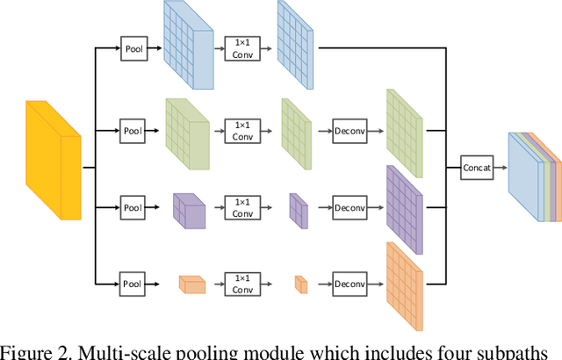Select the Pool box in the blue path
pos(133,48)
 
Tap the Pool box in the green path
pos(133,132)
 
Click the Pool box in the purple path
pos(133,209)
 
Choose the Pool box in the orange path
pos(133,284)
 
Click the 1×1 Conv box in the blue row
pos(240,48)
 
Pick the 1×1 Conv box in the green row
pos(240,132)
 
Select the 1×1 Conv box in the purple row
pos(240,209)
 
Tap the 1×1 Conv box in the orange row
pos(240,284)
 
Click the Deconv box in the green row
pos(349,132)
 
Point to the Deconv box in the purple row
pos(349,209)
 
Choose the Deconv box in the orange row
pos(349,284)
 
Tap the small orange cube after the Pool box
pos(191,284)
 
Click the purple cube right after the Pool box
pos(189,209)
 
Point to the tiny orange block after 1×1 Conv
pos(300,284)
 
